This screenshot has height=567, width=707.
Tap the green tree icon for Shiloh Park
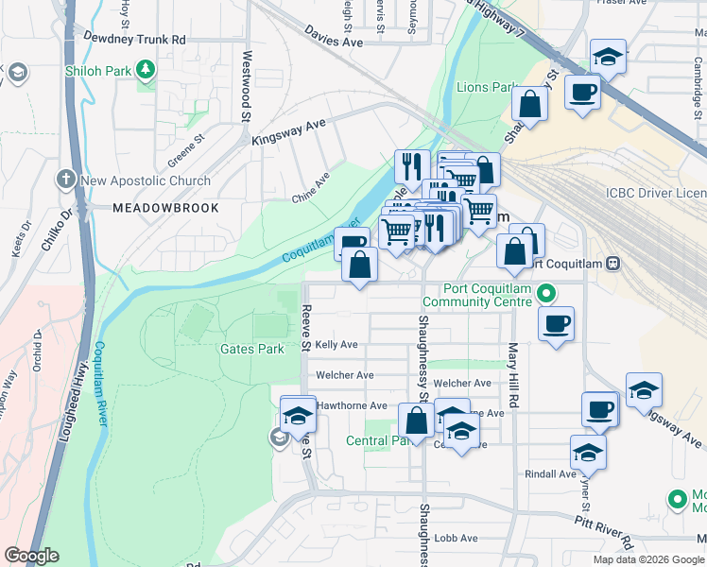coord(145,68)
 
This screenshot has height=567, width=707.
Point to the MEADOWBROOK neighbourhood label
coord(164,207)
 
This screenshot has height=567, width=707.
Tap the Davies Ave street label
coord(334,43)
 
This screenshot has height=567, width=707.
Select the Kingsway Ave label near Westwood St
coord(288,131)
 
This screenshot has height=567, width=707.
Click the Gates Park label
coord(251,349)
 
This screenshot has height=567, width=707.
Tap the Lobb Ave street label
coord(457,538)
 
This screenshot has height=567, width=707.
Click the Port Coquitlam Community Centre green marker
coord(545,294)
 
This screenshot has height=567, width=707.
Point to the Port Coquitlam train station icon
coord(612,263)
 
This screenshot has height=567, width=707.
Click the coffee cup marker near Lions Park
coord(583,92)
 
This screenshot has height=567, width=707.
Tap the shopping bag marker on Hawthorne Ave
coord(415,421)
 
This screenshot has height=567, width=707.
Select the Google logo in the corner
coord(31,556)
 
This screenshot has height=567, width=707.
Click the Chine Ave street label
coord(312,182)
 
